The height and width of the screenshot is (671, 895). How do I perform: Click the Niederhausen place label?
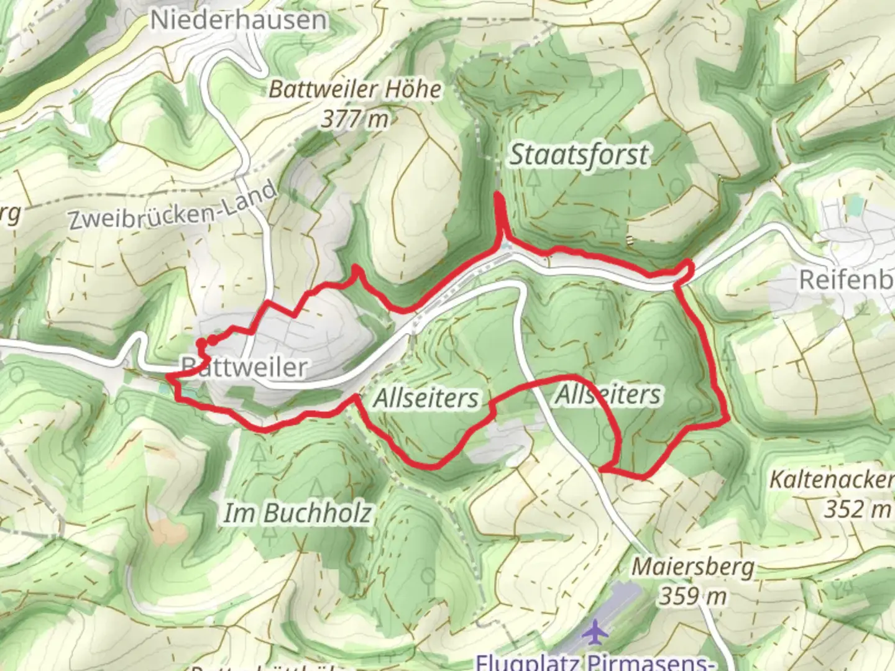pos(238,20)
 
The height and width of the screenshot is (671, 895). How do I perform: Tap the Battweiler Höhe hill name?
pos(355,90)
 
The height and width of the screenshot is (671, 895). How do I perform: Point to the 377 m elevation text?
pos(355,119)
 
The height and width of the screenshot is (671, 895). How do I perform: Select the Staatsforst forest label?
pos(579,155)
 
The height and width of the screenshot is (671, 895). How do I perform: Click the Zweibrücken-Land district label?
pos(173,207)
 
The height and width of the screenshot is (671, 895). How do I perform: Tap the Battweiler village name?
pos(244,367)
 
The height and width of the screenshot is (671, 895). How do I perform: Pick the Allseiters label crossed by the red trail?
pos(608,395)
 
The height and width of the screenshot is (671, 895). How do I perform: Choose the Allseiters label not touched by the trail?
pos(426,398)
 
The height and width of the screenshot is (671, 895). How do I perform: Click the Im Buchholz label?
pos(297,513)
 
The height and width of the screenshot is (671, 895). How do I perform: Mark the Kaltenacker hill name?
pos(832,480)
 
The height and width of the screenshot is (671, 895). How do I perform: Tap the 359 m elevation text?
pos(692,596)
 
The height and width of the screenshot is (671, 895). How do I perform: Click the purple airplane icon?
pos(596,632)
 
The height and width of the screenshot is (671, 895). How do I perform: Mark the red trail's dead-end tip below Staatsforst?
pos(497,196)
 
